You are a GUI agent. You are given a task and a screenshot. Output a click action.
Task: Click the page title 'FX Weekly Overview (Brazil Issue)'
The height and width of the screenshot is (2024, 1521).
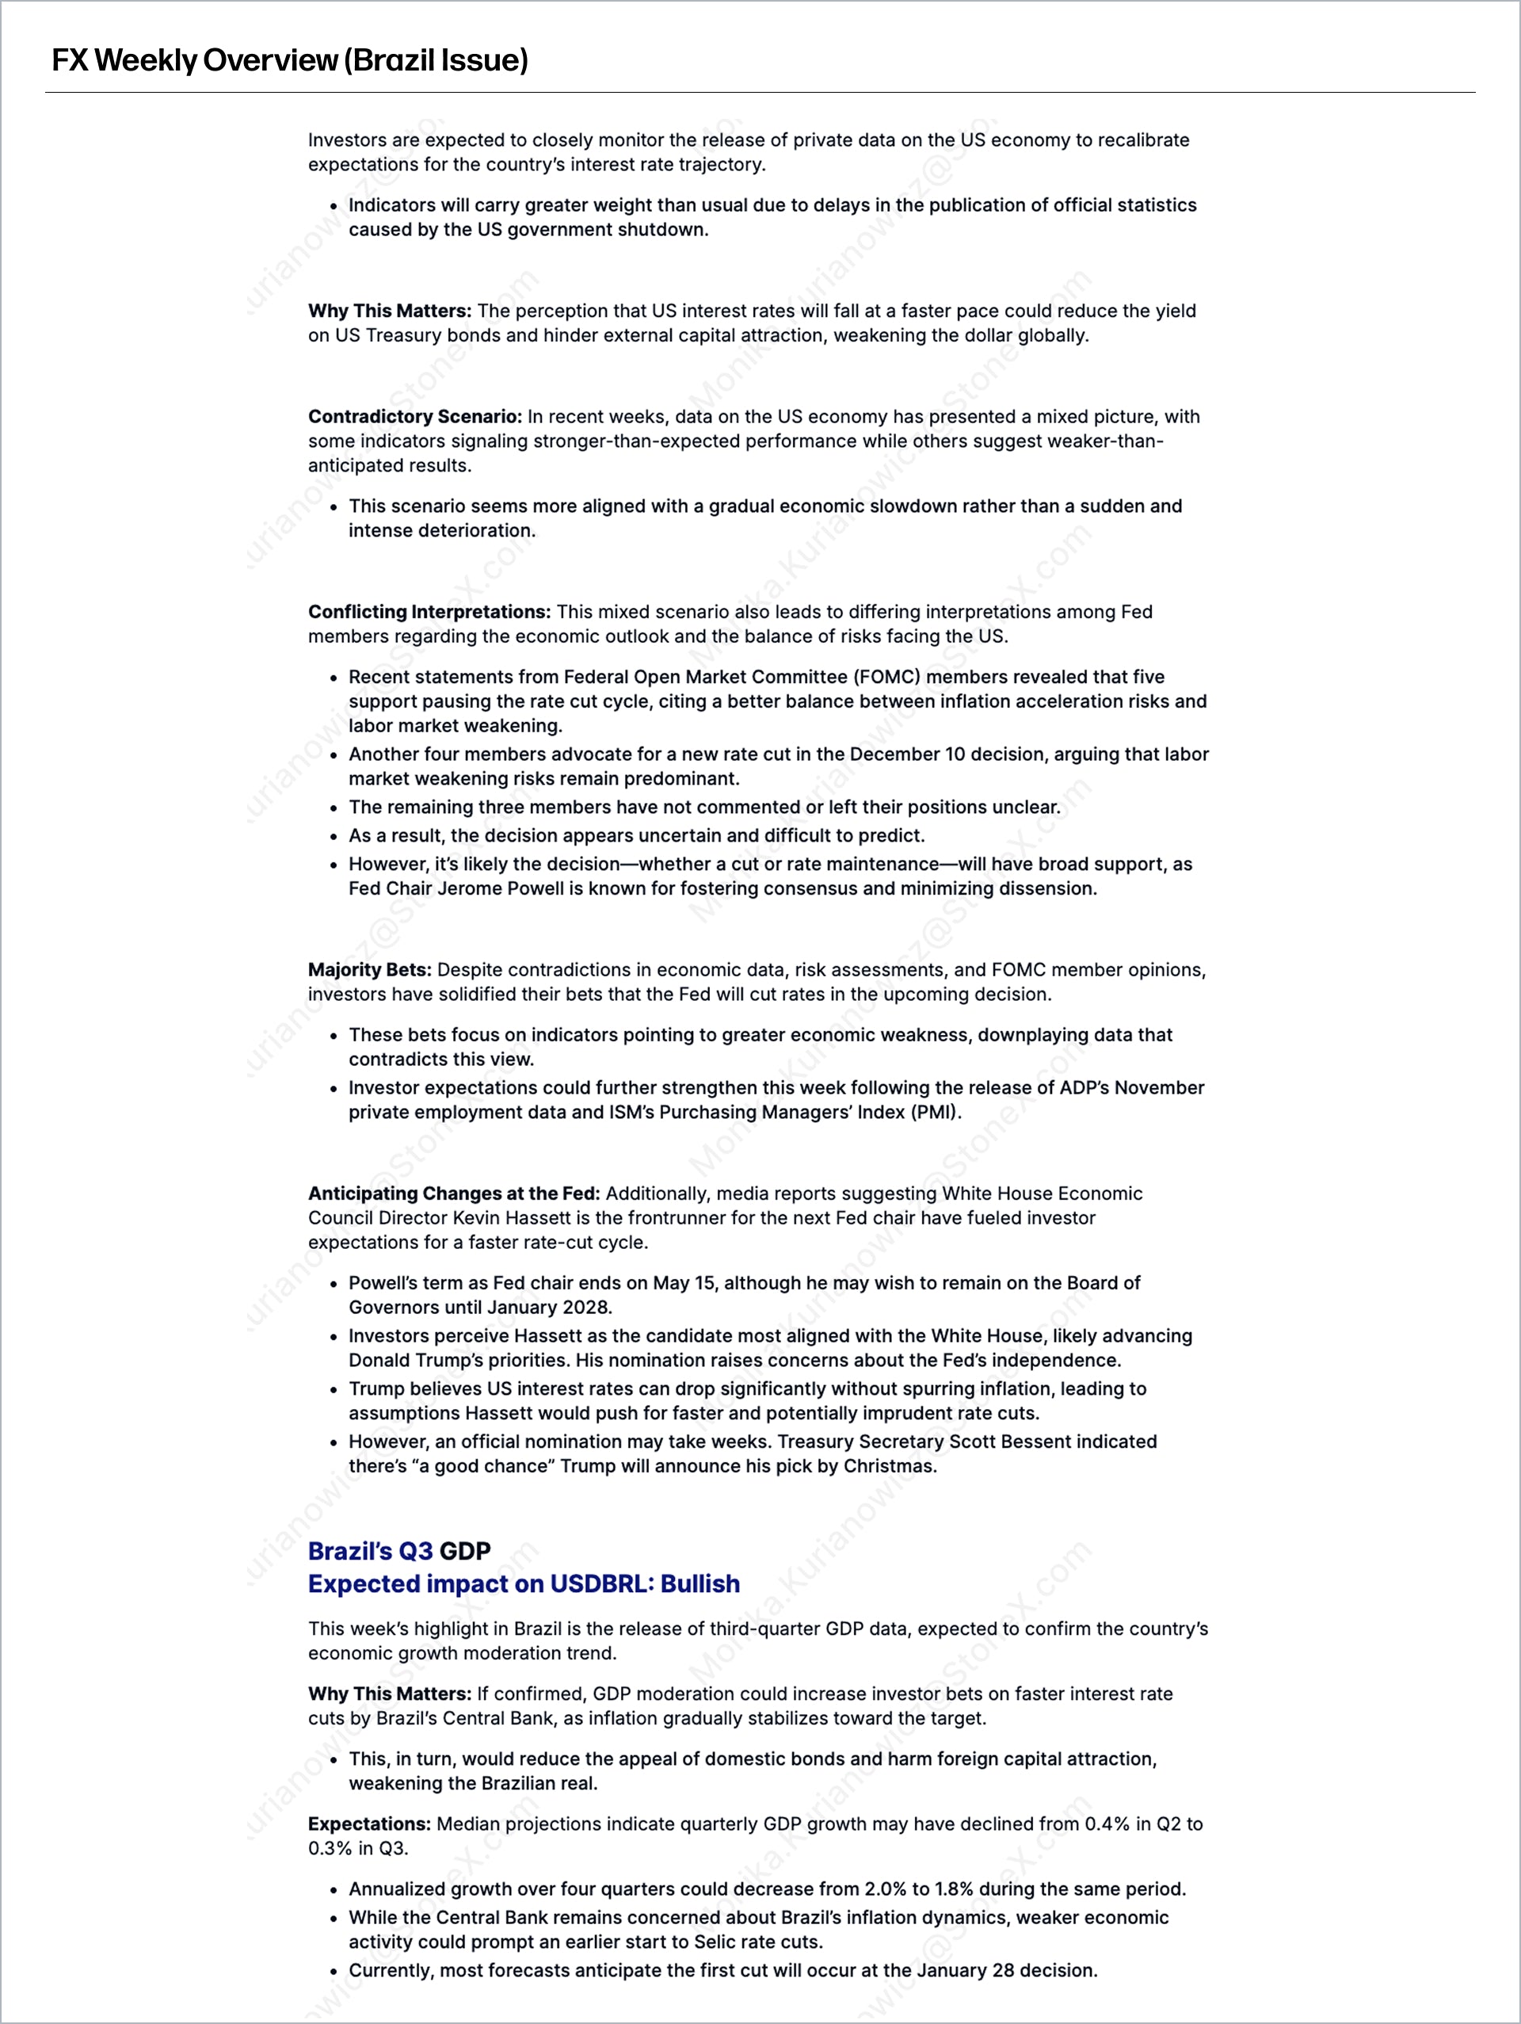(290, 60)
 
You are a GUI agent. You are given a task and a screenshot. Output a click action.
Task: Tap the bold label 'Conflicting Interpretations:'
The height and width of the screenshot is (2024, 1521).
(429, 612)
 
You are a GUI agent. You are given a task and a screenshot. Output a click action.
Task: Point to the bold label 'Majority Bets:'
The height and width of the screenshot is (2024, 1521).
(369, 970)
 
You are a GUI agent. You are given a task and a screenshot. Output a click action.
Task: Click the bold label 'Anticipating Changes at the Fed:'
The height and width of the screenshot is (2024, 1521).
(454, 1193)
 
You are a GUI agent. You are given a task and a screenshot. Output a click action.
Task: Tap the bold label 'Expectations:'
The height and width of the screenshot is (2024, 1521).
(368, 1824)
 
